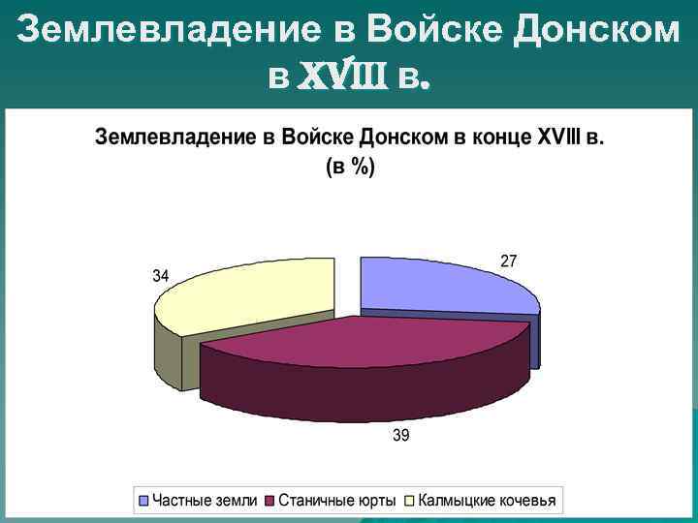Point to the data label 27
pyautogui.click(x=508, y=261)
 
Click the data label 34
pyautogui.click(x=162, y=275)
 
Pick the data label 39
pyautogui.click(x=400, y=436)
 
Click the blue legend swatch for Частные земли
pyautogui.click(x=145, y=501)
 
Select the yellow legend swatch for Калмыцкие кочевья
pyautogui.click(x=409, y=501)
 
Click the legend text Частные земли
pyautogui.click(x=205, y=501)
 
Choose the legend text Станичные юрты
pyautogui.click(x=336, y=501)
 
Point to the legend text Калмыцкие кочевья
pyautogui.click(x=488, y=501)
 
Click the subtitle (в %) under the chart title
pyautogui.click(x=349, y=167)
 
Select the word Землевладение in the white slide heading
pyautogui.click(x=164, y=31)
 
